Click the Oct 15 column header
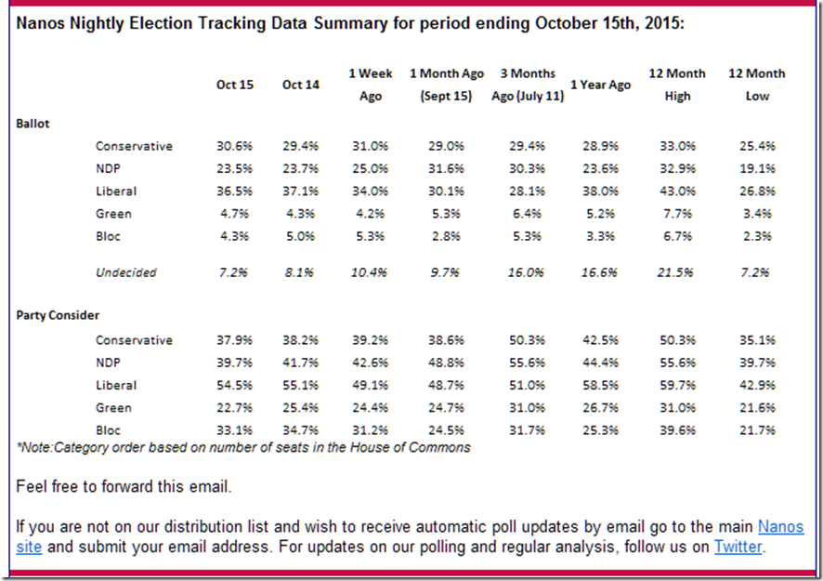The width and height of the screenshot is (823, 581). pos(235,85)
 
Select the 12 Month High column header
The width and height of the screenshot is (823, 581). pos(677,85)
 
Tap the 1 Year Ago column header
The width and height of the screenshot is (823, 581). pos(600,85)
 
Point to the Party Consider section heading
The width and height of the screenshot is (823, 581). pos(58,315)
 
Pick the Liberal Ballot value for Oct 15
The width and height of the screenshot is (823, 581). pos(235,191)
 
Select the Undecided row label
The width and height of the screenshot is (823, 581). pos(126,273)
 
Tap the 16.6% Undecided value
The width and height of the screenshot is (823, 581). pos(600,273)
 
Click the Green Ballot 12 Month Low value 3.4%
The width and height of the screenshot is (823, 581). pos(758,214)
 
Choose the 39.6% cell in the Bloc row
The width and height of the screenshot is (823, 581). pos(677,430)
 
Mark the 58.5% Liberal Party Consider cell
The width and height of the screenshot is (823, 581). pos(600,385)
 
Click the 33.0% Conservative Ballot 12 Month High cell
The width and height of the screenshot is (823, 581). pos(677,146)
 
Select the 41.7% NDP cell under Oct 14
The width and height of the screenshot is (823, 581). pos(300,363)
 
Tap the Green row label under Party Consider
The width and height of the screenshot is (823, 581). pos(113,408)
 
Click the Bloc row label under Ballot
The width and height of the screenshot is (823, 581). pos(110,236)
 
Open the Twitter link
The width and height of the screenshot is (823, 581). pos(738,548)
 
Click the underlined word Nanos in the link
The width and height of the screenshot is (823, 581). pos(780,527)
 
